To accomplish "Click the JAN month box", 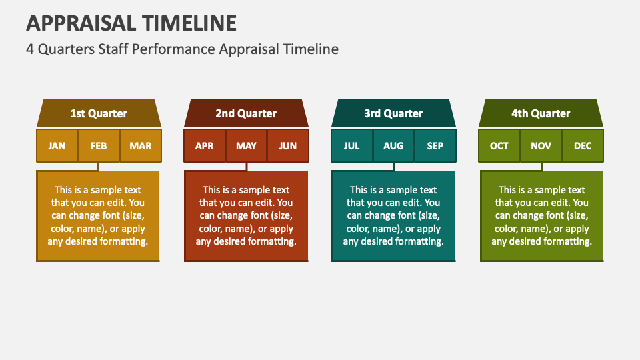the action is pyautogui.click(x=57, y=146).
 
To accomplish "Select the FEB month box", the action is pyautogui.click(x=99, y=146).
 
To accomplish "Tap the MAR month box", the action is pyautogui.click(x=141, y=146).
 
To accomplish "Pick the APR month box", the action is pyautogui.click(x=205, y=146).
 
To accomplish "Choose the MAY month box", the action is pyautogui.click(x=246, y=146).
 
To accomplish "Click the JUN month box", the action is pyautogui.click(x=288, y=146).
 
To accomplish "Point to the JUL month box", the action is pyautogui.click(x=352, y=146).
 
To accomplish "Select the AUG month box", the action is pyautogui.click(x=393, y=146).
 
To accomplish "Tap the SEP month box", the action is pyautogui.click(x=435, y=146).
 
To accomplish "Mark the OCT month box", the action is pyautogui.click(x=499, y=146).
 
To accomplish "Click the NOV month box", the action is pyautogui.click(x=541, y=146).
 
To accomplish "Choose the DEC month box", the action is pyautogui.click(x=583, y=146).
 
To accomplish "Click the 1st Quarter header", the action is pyautogui.click(x=99, y=113).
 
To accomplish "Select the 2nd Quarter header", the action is pyautogui.click(x=246, y=113).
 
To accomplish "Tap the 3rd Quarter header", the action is pyautogui.click(x=393, y=113).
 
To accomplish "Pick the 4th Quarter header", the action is pyautogui.click(x=541, y=113).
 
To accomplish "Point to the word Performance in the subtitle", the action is pyautogui.click(x=173, y=49).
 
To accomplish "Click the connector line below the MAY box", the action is pyautogui.click(x=247, y=167).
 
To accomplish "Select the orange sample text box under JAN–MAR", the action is pyautogui.click(x=98, y=216).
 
